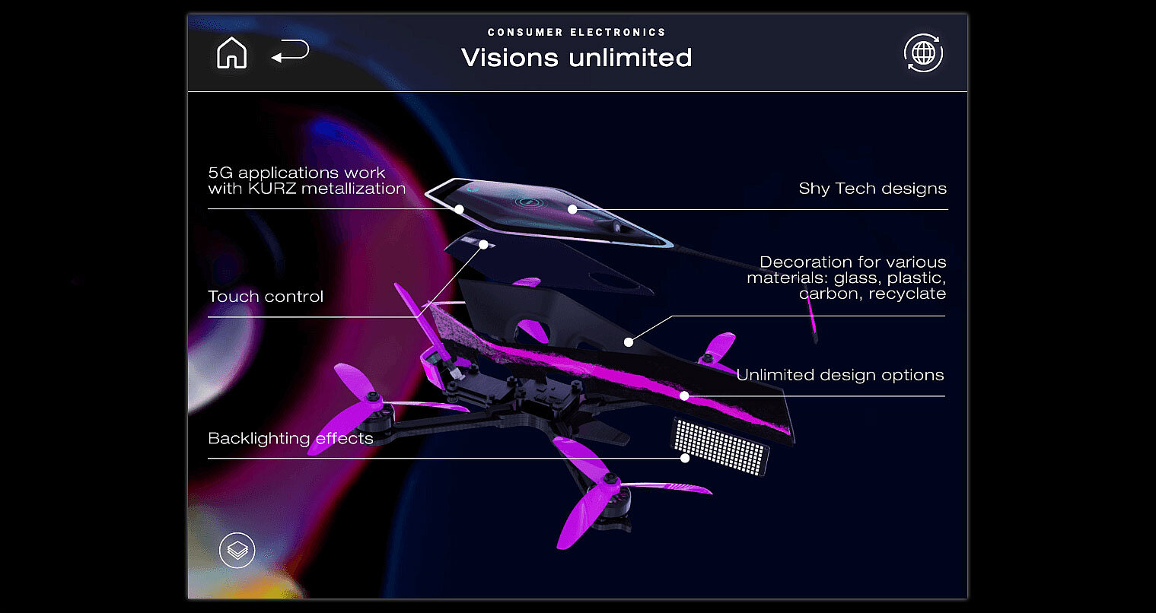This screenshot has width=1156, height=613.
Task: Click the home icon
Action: pyautogui.click(x=231, y=54)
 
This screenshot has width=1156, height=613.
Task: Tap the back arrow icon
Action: pyautogui.click(x=290, y=52)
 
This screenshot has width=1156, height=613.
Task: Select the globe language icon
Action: pyautogui.click(x=923, y=53)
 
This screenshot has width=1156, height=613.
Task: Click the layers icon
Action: pyautogui.click(x=237, y=550)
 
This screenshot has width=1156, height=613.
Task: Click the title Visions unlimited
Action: pyautogui.click(x=576, y=58)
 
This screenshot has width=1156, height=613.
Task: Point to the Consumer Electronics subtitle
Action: pyautogui.click(x=576, y=32)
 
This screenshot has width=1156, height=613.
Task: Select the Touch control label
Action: pyautogui.click(x=266, y=297)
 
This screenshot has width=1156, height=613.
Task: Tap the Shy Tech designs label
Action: pyautogui.click(x=872, y=189)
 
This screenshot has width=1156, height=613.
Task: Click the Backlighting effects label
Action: pyautogui.click(x=290, y=439)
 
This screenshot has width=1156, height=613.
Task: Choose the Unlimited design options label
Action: pyautogui.click(x=839, y=375)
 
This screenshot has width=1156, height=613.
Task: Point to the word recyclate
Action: pyautogui.click(x=909, y=294)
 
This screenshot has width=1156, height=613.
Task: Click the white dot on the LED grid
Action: pyautogui.click(x=685, y=458)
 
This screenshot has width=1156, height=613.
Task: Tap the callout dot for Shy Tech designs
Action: pyautogui.click(x=572, y=209)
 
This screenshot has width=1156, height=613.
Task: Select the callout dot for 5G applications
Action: pyautogui.click(x=459, y=208)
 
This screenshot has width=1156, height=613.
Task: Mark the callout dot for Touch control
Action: pyautogui.click(x=483, y=245)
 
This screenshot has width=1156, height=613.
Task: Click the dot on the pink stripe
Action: pyautogui.click(x=684, y=395)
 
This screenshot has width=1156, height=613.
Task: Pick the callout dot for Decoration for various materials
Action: pyautogui.click(x=628, y=342)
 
